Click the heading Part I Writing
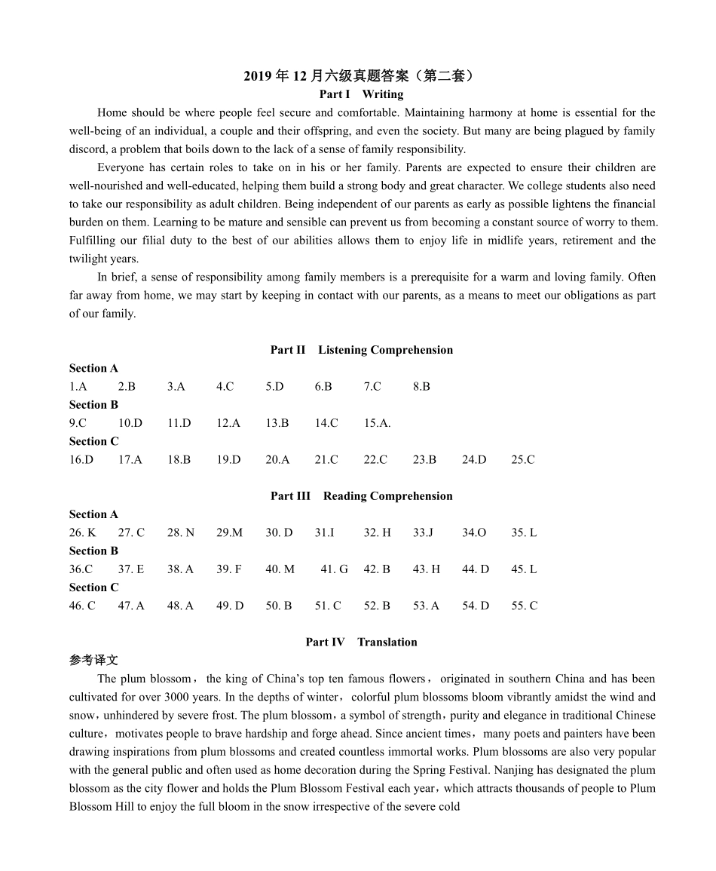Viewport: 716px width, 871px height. [361, 94]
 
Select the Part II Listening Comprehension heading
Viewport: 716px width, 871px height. [362, 350]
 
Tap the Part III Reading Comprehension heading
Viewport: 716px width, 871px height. [362, 496]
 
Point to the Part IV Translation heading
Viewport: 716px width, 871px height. [361, 643]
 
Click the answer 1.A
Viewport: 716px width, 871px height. [78, 387]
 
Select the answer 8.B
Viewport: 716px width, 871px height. [421, 387]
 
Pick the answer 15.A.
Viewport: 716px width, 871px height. [377, 423]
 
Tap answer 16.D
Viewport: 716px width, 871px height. [81, 460]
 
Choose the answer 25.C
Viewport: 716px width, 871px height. [523, 460]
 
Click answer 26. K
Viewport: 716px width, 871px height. [82, 533]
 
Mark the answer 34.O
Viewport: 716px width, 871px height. [474, 533]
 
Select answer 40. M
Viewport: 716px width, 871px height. [280, 569]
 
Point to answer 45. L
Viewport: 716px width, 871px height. [524, 569]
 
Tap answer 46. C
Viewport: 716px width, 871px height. [82, 606]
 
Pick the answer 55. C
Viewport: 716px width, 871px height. [524, 606]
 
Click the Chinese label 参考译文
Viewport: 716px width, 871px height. [93, 661]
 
